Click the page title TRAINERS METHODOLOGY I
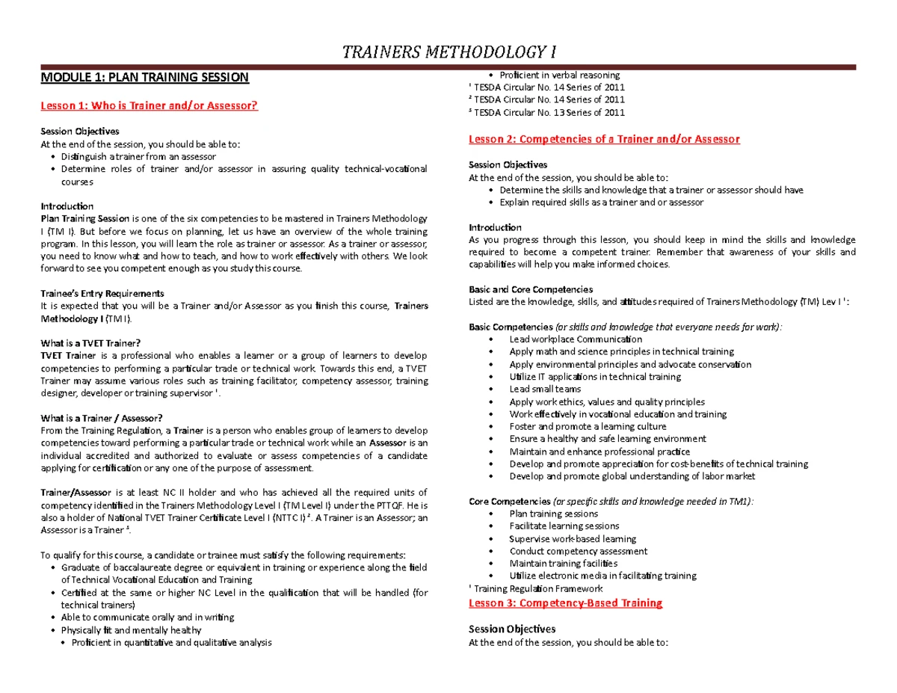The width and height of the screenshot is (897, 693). pos(449,52)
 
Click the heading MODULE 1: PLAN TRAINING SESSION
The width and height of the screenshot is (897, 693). pos(144,77)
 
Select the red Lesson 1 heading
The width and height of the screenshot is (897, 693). pos(149,106)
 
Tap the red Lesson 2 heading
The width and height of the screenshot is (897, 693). pos(603,139)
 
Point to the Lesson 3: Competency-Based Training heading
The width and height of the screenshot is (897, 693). pos(565,603)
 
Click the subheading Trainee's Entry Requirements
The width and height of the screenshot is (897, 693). pos(102,293)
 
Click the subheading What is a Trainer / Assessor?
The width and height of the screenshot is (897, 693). pos(101,418)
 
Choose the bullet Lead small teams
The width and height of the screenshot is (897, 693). pos(544,389)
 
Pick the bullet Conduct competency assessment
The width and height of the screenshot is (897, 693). pos(578,551)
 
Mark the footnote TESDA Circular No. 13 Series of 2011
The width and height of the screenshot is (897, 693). pos(549,113)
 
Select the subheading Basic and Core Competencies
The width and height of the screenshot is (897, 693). pos(530,289)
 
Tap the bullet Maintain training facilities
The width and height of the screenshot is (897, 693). pos(563,564)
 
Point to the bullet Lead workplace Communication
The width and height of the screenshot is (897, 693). pos(575,339)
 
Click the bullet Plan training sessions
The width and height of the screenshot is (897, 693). pos(553,514)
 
